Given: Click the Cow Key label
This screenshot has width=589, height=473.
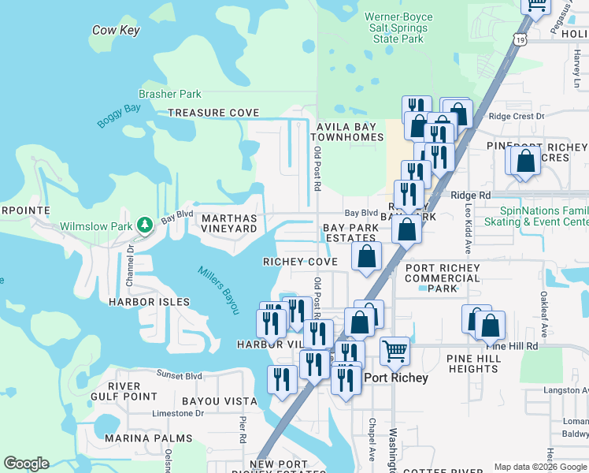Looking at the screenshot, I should point(116,30).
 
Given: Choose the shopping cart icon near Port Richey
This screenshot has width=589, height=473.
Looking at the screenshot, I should point(395,350).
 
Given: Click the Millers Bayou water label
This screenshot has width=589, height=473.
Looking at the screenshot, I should point(217,290).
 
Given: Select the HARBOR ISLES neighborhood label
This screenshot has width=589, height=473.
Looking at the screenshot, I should point(149,302).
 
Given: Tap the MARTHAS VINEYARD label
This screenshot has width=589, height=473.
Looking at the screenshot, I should point(229,223).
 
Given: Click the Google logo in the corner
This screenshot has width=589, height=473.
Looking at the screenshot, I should point(26,464).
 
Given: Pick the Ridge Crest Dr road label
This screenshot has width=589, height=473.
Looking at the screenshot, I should point(516,116).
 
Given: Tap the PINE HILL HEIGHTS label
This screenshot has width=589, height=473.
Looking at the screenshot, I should point(472,363).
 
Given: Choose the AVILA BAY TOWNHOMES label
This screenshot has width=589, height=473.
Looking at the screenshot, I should point(350,132).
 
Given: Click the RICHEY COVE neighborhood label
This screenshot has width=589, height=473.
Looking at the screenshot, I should point(300,262).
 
